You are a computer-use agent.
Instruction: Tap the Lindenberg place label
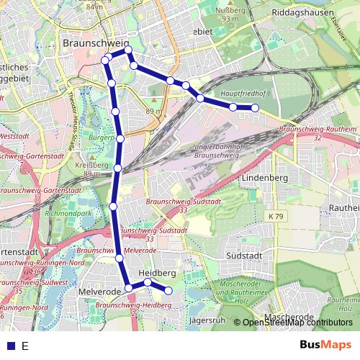(x=264, y=177)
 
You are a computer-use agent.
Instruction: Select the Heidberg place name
(x=157, y=274)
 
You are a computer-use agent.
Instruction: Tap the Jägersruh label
(x=202, y=319)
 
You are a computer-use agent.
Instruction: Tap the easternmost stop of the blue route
(x=255, y=108)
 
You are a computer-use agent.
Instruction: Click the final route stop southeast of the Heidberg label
(x=168, y=291)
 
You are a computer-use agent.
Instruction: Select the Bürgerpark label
(x=101, y=137)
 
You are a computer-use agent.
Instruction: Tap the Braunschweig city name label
(x=95, y=43)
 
